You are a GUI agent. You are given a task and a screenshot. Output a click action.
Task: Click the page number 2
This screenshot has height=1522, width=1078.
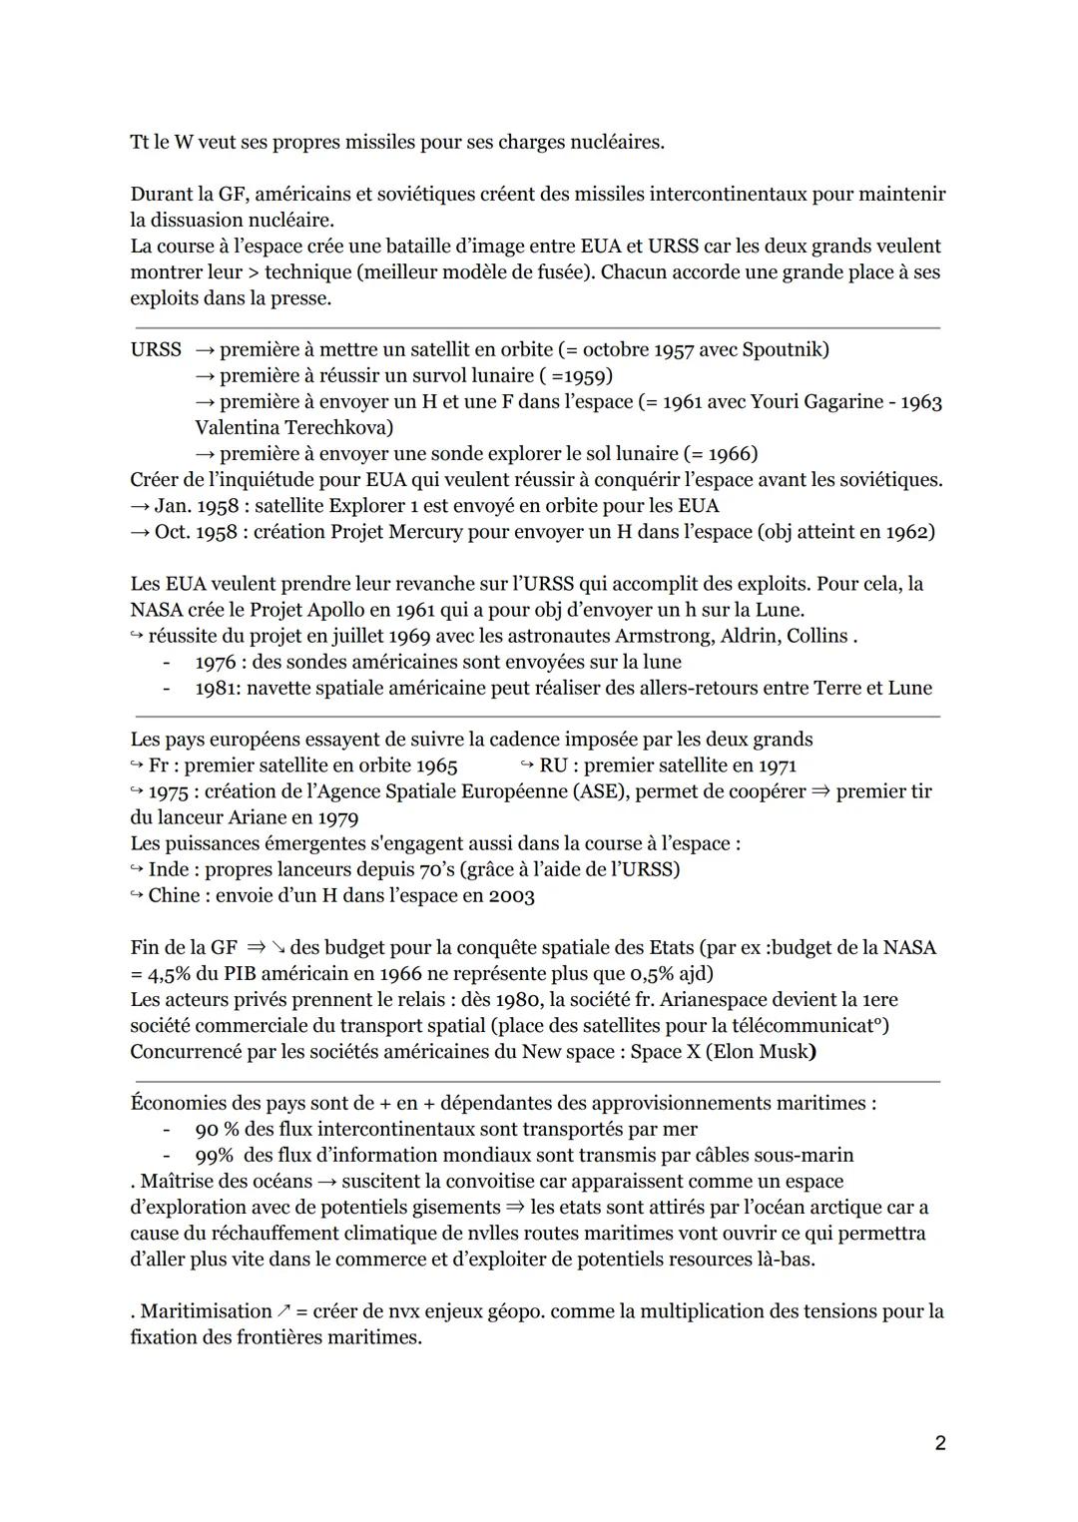(940, 1442)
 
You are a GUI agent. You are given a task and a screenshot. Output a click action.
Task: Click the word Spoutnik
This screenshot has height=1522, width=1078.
(782, 349)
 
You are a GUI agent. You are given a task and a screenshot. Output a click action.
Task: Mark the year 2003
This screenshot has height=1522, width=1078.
(511, 895)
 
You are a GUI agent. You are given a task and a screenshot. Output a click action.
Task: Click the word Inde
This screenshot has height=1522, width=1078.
(169, 869)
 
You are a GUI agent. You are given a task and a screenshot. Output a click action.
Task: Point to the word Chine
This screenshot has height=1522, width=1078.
(174, 895)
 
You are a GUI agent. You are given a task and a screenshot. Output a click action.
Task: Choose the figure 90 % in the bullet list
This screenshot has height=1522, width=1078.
(220, 1129)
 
